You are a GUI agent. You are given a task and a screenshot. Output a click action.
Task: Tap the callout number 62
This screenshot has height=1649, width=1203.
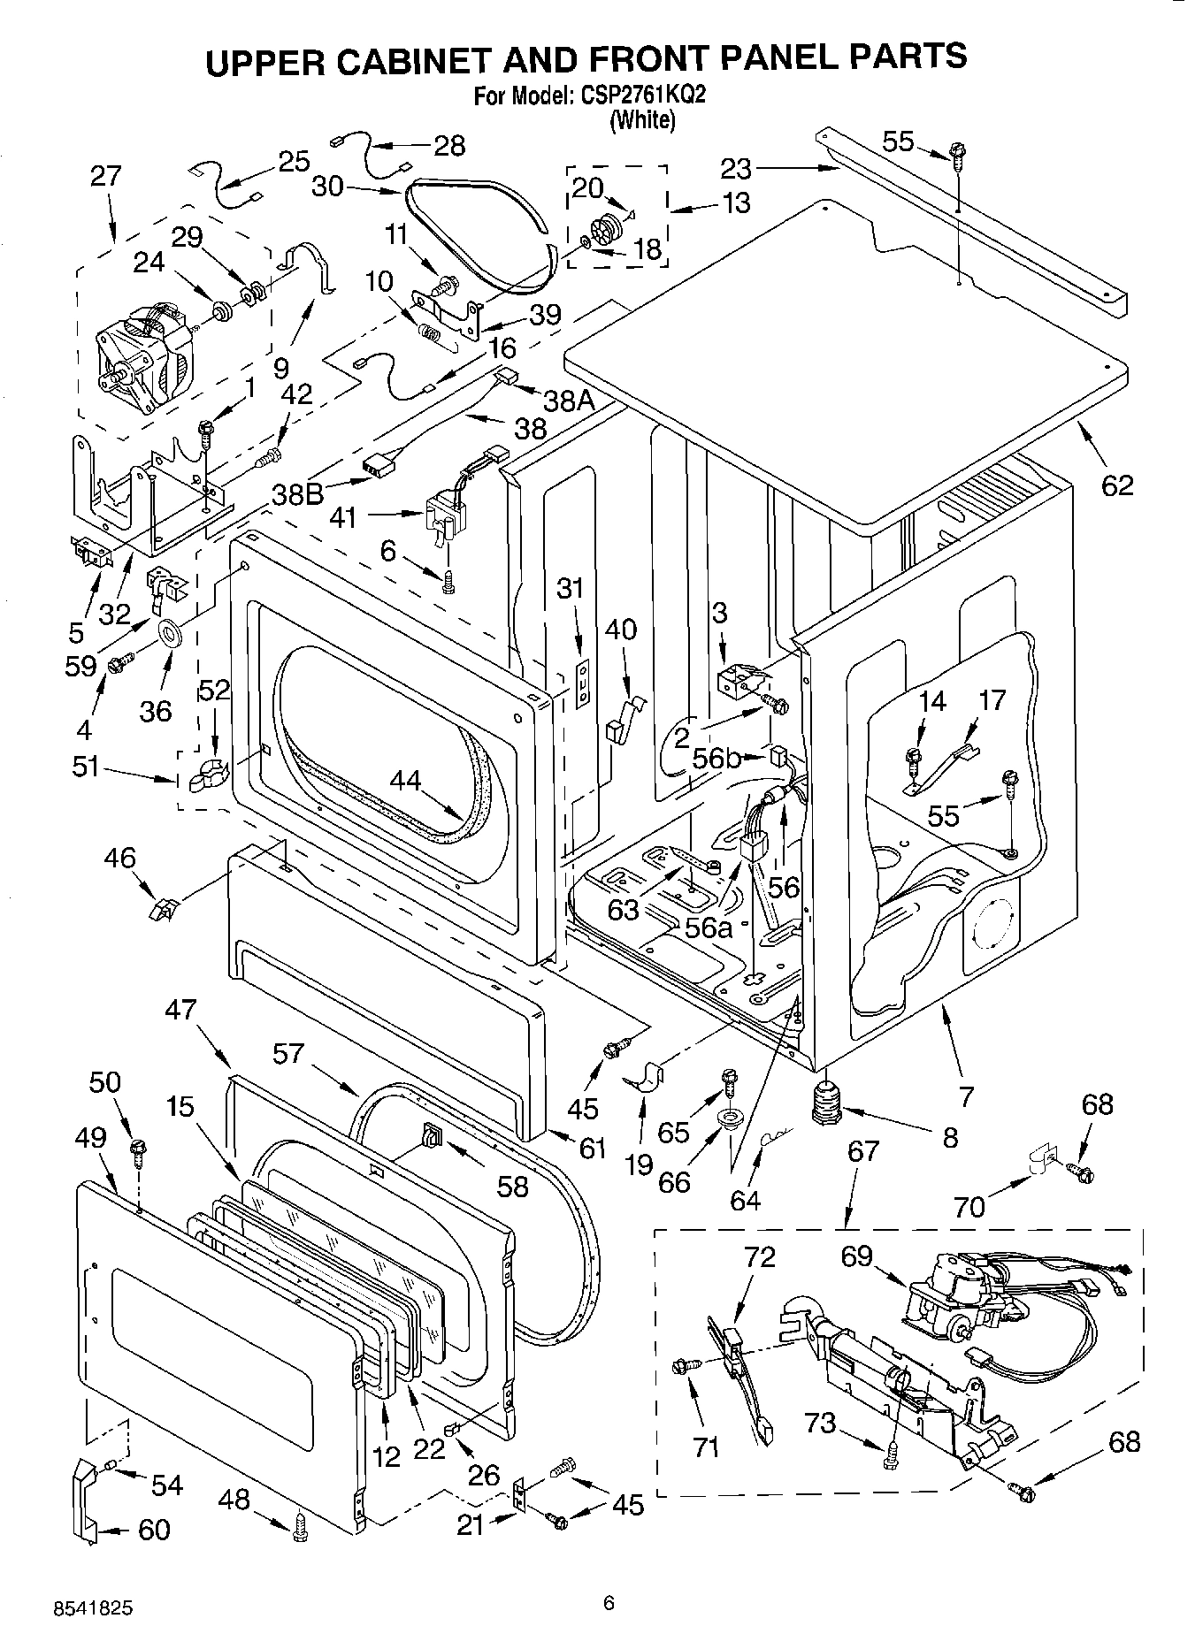(1116, 485)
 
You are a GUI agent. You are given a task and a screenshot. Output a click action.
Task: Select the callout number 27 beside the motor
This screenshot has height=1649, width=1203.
(105, 175)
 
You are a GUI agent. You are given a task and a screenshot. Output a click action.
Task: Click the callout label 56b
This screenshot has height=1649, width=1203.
(716, 758)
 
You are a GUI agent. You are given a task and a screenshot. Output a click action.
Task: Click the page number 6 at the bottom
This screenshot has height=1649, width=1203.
(608, 1602)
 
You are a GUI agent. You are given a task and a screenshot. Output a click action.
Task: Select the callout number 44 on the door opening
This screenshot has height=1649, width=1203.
(406, 781)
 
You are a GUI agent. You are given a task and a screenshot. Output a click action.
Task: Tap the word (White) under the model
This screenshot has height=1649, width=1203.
(642, 119)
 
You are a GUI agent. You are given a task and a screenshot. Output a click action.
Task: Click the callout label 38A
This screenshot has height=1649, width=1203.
(568, 401)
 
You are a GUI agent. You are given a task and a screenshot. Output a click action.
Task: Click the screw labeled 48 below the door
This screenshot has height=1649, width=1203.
(299, 1529)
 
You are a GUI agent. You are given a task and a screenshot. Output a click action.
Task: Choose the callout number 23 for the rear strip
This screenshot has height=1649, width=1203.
(734, 167)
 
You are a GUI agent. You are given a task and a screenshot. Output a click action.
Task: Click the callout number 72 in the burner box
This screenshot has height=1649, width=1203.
(759, 1256)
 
